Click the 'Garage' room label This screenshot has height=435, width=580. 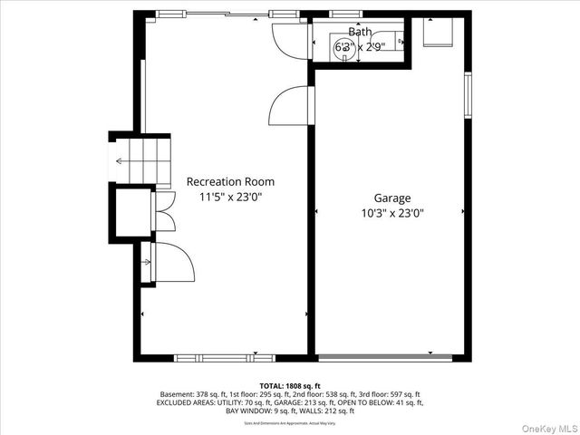point(392,198)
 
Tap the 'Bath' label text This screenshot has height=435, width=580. point(359,32)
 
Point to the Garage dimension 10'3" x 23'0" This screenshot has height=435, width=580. point(392,213)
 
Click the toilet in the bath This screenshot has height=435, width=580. point(393,43)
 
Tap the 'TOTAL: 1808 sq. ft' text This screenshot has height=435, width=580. point(289,385)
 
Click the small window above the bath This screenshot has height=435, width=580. point(343,14)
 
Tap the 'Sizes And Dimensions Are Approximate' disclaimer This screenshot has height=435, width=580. point(289,422)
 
